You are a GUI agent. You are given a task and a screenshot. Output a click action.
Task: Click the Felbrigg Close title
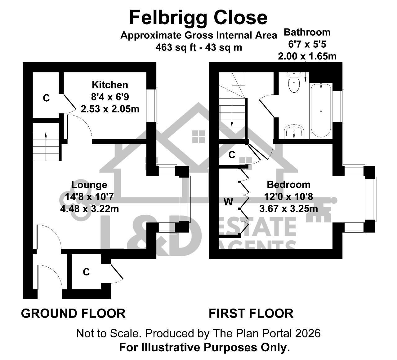(198, 18)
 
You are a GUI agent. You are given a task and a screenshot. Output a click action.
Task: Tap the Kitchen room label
(110, 85)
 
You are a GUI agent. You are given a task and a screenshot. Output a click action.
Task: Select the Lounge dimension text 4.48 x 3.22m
(89, 209)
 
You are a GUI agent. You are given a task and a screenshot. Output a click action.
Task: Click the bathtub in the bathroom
(321, 110)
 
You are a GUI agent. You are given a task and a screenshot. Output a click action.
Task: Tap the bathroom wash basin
(294, 131)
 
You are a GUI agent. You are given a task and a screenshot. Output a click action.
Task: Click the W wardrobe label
(228, 202)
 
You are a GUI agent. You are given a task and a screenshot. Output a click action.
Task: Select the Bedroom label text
(288, 185)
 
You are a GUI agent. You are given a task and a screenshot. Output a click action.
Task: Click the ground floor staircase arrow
(46, 147)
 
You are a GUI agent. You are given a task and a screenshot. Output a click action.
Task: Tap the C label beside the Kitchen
(46, 98)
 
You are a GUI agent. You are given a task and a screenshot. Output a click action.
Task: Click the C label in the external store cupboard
(86, 272)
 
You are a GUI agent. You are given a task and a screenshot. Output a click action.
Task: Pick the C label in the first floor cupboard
(232, 155)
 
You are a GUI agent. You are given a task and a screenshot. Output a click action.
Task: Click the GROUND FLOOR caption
(73, 314)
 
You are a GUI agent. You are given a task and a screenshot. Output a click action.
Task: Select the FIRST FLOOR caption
(251, 314)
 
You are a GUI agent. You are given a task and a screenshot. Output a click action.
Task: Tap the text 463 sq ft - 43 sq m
(199, 47)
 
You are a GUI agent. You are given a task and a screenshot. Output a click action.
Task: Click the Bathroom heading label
(307, 32)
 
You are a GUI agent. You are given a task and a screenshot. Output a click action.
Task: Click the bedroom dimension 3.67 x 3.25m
(288, 209)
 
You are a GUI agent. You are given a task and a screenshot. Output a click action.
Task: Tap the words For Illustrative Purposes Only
(204, 347)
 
